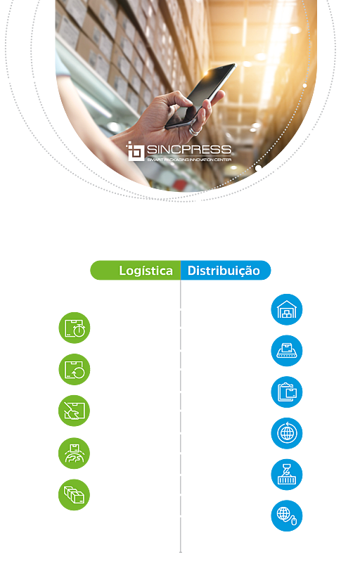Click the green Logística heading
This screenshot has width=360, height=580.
click(146, 271)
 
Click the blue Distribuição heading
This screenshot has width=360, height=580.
click(224, 271)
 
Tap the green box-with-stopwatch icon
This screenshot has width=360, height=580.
click(75, 328)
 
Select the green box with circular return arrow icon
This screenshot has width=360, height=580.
click(75, 369)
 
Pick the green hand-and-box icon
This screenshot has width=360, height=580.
click(74, 411)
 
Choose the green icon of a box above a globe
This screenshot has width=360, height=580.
click(74, 453)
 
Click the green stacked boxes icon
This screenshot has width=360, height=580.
click(74, 494)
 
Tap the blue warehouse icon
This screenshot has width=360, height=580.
click(287, 309)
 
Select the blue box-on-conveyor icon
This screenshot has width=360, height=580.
click(287, 351)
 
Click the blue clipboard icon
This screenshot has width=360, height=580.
click(287, 392)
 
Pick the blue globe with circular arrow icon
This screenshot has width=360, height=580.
click(287, 433)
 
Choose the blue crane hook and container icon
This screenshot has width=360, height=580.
click(287, 475)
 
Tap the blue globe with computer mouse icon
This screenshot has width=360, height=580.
click(287, 515)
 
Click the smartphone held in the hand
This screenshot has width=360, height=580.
click(201, 96)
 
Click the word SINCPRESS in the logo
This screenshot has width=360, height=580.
click(189, 150)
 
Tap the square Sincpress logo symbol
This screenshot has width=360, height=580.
click(136, 151)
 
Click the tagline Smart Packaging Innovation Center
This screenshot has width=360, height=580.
click(189, 160)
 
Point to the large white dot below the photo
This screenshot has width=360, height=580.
click(259, 168)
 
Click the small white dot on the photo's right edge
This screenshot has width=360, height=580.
click(304, 86)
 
